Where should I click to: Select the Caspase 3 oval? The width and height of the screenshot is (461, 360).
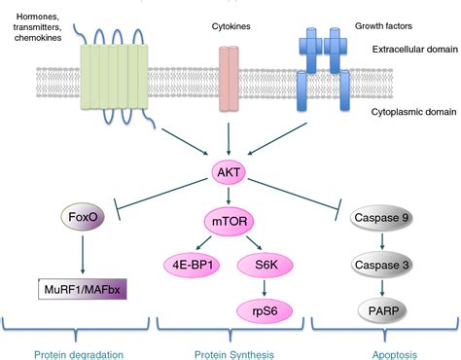pos(382,263)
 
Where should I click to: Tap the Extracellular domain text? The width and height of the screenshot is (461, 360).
pos(405,48)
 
